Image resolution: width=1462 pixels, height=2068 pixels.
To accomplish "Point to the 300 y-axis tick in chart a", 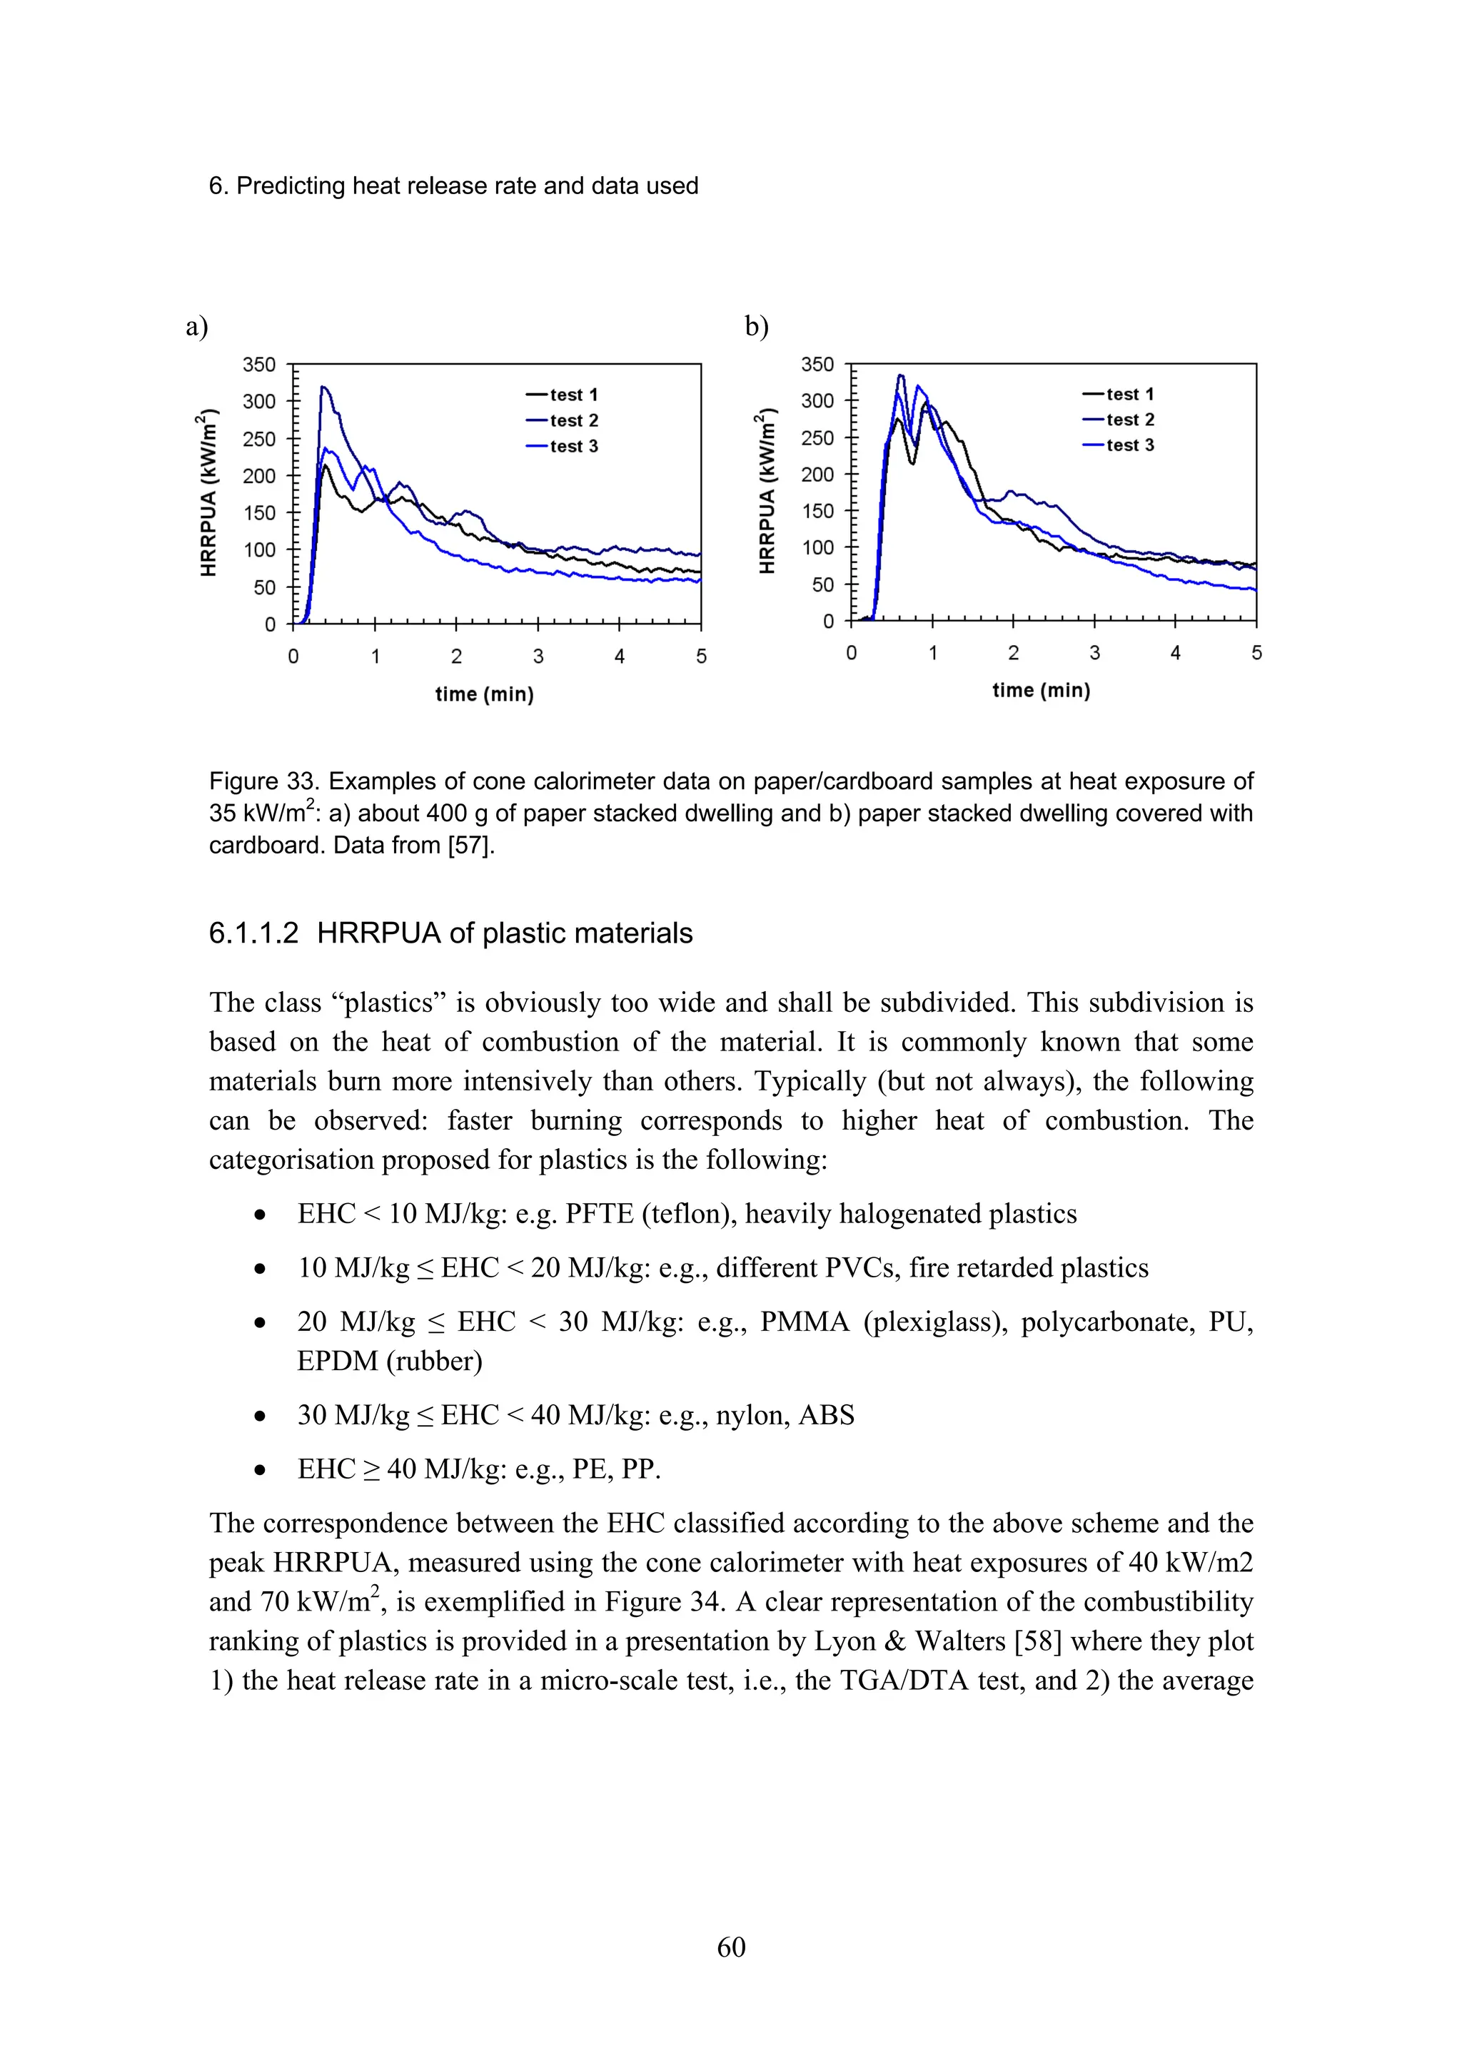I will tap(258, 402).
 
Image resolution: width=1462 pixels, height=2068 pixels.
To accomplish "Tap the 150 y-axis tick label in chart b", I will tap(817, 511).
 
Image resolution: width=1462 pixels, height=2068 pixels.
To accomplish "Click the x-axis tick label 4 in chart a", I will tap(620, 657).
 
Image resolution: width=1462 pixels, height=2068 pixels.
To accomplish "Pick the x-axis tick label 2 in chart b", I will tap(1014, 653).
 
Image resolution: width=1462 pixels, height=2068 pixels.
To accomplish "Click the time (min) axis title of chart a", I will tap(485, 694).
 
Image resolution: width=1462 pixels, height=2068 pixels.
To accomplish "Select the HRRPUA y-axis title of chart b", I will tap(767, 491).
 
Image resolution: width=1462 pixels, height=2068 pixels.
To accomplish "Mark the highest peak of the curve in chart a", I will tap(323, 387).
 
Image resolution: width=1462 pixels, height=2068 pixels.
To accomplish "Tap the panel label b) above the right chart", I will tap(757, 326).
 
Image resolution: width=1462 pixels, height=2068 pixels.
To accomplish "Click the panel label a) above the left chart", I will tap(196, 326).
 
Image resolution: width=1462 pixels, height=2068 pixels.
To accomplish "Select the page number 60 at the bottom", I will tap(730, 1947).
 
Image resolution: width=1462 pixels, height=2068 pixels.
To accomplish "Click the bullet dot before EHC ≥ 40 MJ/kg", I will tap(261, 1470).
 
